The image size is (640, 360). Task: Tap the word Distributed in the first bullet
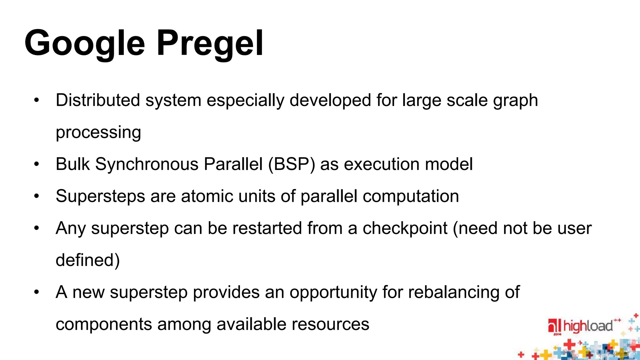tap(97, 100)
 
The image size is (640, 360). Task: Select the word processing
tap(98, 132)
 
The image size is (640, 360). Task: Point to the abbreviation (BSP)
tap(292, 164)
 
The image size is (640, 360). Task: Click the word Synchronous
tap(147, 164)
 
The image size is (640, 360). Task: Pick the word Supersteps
tap(100, 196)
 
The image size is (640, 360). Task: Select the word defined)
tap(88, 260)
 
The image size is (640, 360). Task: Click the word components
tap(104, 324)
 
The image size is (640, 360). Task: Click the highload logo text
tap(587, 326)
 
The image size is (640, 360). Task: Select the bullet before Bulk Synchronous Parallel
tap(37, 164)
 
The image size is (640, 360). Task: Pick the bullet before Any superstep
tap(37, 228)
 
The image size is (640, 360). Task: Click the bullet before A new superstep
tap(37, 292)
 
